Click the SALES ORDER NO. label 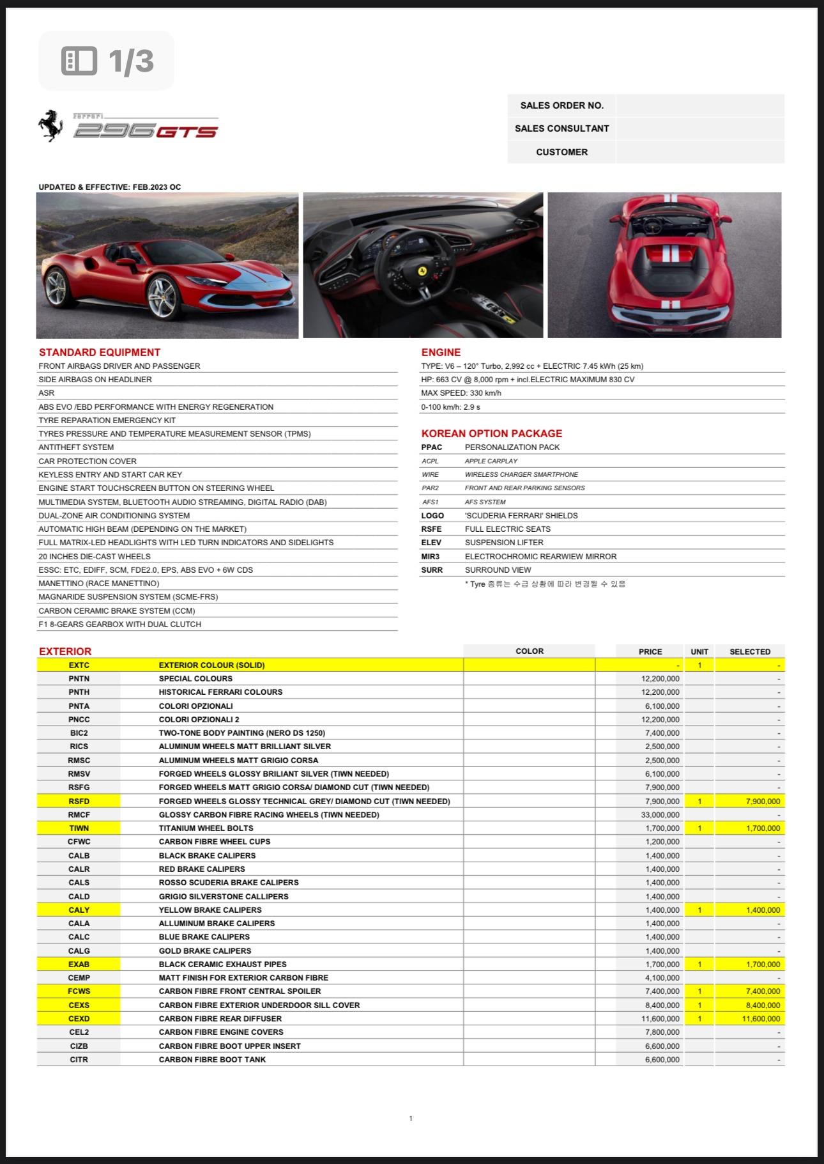point(561,105)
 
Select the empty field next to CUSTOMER point(699,152)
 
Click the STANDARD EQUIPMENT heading point(100,352)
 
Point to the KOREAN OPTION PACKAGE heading point(491,433)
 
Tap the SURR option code point(431,570)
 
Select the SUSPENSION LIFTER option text point(504,542)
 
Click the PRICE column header point(650,651)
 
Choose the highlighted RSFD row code point(79,801)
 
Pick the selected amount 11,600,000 point(761,1018)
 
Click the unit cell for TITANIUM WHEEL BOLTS point(699,828)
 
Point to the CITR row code point(79,1059)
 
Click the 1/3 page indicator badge point(107,61)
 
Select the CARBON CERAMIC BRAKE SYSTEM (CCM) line point(117,610)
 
